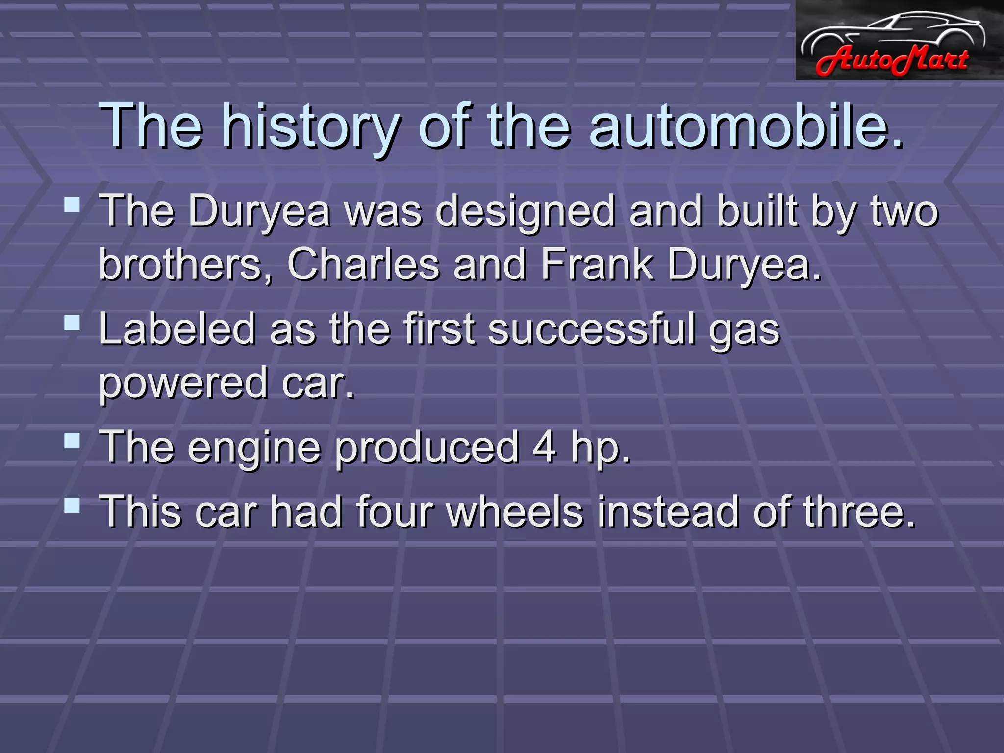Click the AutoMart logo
coord(899,40)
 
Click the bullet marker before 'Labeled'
coord(72,322)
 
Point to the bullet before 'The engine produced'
coord(72,440)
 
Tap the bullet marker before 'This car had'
coord(72,504)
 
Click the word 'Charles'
coord(363,265)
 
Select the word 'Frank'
coord(597,265)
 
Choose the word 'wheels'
coord(515,511)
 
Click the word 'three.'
coord(859,511)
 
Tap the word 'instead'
coord(667,511)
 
